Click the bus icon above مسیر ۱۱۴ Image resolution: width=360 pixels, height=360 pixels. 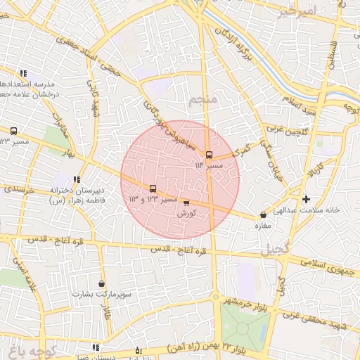pyautogui.click(x=209, y=155)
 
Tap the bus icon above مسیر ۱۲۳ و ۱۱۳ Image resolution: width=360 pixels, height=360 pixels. pyautogui.click(x=153, y=188)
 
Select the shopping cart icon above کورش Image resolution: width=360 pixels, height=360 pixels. pyautogui.click(x=186, y=202)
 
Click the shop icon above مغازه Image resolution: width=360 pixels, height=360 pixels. pyautogui.click(x=263, y=215)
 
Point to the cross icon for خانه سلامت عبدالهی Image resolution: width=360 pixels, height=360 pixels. pyautogui.click(x=305, y=199)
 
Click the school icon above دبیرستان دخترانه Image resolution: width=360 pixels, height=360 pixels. pyautogui.click(x=77, y=179)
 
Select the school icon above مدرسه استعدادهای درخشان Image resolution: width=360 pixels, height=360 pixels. pyautogui.click(x=23, y=72)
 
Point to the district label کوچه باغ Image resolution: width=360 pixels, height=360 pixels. pyautogui.click(x=29, y=349)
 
